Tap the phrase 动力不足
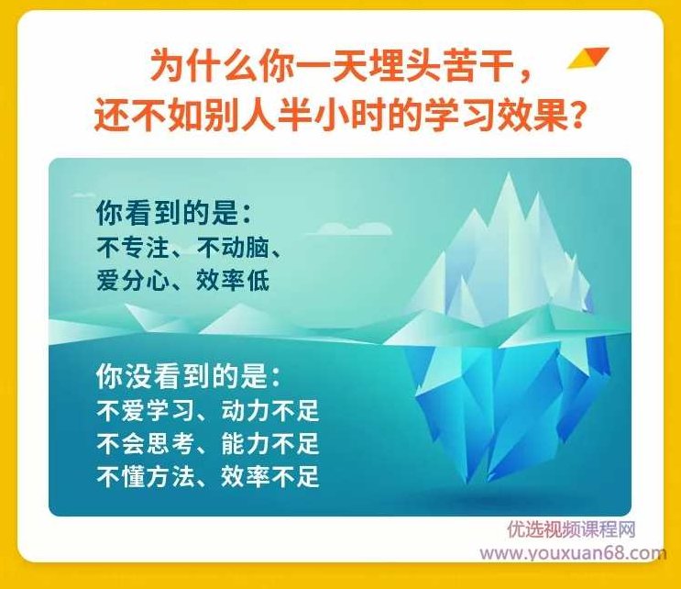coord(269,410)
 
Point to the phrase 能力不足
coord(269,443)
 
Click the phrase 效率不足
coord(269,476)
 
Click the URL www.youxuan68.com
coord(573,553)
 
